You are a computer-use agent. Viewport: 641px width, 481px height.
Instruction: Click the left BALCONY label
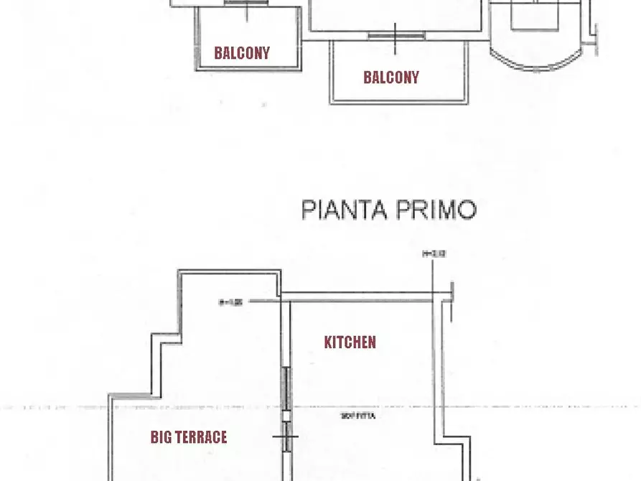point(242,52)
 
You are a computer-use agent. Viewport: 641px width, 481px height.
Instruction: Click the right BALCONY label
point(391,78)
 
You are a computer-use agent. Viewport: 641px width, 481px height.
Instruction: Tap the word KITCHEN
point(350,342)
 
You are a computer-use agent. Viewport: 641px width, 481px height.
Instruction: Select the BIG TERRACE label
point(189,436)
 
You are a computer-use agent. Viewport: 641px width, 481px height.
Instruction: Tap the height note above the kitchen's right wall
point(434,253)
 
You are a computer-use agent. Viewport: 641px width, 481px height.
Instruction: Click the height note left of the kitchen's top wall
point(230,302)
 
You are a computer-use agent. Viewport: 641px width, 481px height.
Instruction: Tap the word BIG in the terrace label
point(162,436)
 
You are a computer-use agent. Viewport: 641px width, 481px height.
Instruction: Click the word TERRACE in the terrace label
point(202,436)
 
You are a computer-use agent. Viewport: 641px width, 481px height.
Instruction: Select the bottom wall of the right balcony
point(398,103)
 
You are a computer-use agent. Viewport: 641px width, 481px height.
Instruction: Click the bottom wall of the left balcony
point(248,69)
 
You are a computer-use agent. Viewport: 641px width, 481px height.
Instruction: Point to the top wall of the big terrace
point(229,271)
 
